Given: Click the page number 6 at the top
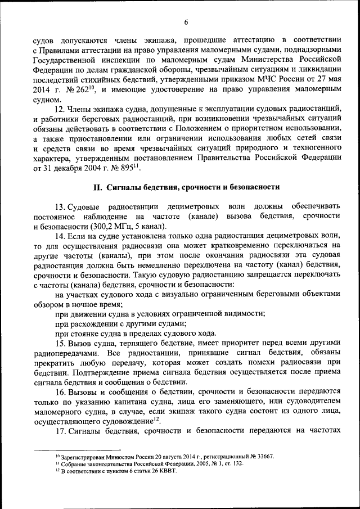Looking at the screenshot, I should tap(185, 22).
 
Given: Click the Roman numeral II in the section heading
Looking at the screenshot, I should tap(97, 186).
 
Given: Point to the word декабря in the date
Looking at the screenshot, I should tap(73, 168).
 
